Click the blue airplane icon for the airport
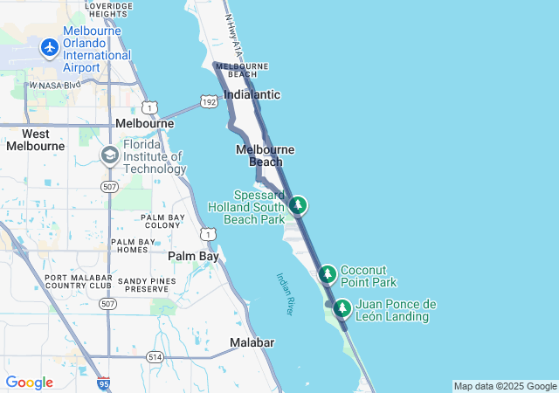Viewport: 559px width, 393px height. pyautogui.click(x=49, y=45)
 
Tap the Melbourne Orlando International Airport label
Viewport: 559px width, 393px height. pyautogui.click(x=97, y=55)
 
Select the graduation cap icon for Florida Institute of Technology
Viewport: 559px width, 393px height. pyautogui.click(x=109, y=156)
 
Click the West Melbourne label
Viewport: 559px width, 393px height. pyautogui.click(x=35, y=140)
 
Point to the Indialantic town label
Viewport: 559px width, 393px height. pyautogui.click(x=252, y=94)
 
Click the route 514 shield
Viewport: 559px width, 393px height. pyautogui.click(x=155, y=356)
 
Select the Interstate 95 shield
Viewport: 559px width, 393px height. pyautogui.click(x=104, y=383)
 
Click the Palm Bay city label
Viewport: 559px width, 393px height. pyautogui.click(x=193, y=256)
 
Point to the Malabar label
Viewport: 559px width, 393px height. pyautogui.click(x=252, y=342)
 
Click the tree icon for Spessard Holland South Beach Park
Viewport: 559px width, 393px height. pyautogui.click(x=299, y=205)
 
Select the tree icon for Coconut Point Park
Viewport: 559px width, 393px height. pyautogui.click(x=328, y=274)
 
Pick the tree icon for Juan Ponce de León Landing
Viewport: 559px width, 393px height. pyautogui.click(x=342, y=307)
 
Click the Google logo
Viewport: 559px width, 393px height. pyautogui.click(x=29, y=383)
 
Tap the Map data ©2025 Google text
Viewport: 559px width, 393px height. pyautogui.click(x=505, y=386)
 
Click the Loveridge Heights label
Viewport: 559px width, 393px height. pyautogui.click(x=109, y=10)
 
